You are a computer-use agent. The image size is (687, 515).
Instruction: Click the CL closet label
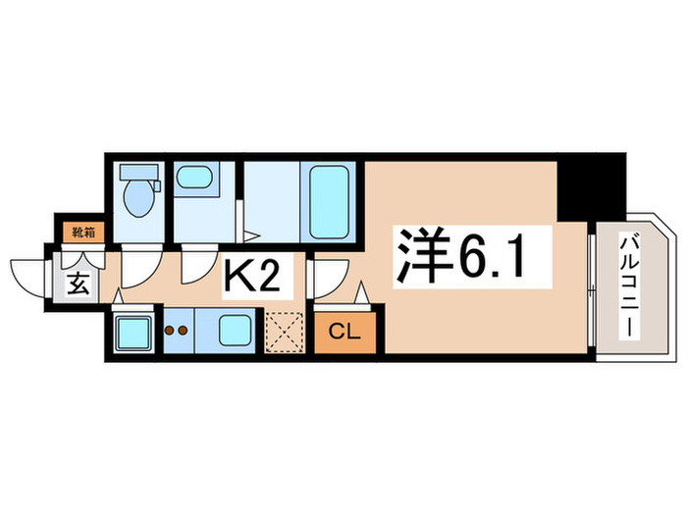point(343,332)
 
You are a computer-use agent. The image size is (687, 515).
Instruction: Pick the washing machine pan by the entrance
point(132,335)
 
